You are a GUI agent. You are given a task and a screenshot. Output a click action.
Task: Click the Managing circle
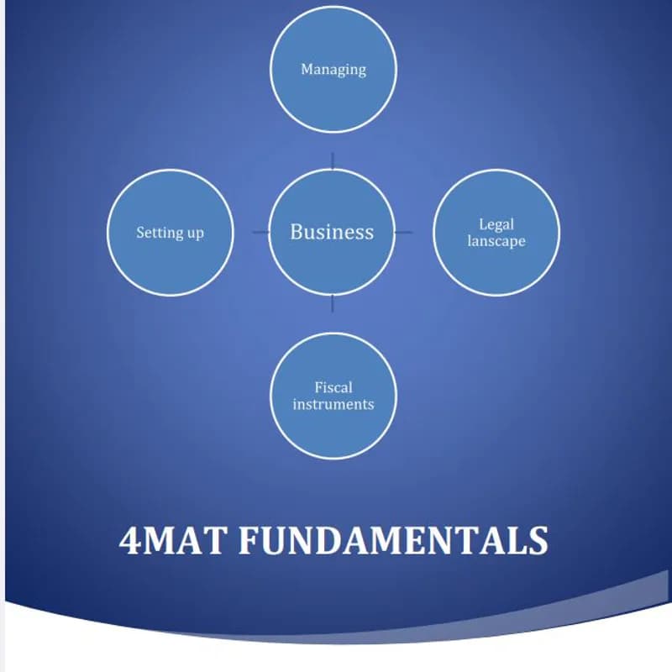333,92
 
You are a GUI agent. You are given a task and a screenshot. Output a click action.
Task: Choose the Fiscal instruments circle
333,428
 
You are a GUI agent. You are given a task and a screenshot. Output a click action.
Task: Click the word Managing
333,69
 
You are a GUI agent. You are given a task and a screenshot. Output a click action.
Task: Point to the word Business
332,232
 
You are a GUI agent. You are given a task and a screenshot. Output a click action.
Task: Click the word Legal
496,224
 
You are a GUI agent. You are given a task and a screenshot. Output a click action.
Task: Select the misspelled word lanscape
496,241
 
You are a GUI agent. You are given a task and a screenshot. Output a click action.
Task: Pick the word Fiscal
333,387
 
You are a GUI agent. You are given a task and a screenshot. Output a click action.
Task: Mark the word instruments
333,404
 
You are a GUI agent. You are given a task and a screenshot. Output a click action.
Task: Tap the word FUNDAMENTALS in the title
393,541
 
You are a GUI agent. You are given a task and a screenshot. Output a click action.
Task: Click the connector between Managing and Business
333,160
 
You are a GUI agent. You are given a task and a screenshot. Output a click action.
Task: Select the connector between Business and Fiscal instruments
333,303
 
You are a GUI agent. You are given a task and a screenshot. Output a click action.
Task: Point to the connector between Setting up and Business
260,233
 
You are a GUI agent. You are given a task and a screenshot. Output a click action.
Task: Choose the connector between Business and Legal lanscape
404,233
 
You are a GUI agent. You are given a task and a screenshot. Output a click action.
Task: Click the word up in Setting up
195,234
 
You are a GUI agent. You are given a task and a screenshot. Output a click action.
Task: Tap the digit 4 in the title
131,541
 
